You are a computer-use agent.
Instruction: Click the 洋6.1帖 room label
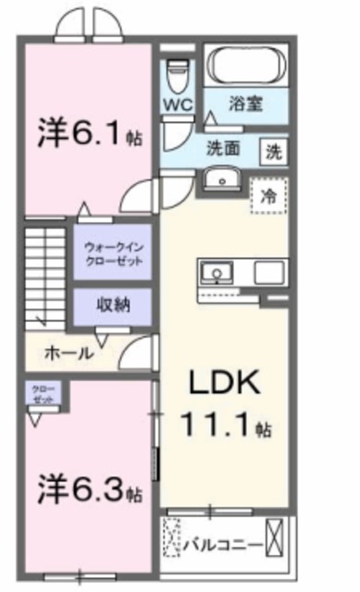(x=90, y=134)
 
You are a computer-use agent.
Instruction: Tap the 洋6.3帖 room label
(x=90, y=487)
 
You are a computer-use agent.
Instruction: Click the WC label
(x=178, y=105)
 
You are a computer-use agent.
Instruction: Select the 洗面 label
(x=223, y=147)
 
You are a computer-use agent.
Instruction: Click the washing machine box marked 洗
(x=274, y=150)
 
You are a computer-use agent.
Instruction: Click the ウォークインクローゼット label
(x=113, y=254)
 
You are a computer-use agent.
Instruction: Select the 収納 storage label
(x=112, y=304)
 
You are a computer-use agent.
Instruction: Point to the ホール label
(x=66, y=352)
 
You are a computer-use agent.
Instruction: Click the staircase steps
(x=44, y=277)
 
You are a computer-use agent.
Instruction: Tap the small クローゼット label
(x=41, y=394)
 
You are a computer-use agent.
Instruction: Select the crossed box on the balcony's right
(x=274, y=537)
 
